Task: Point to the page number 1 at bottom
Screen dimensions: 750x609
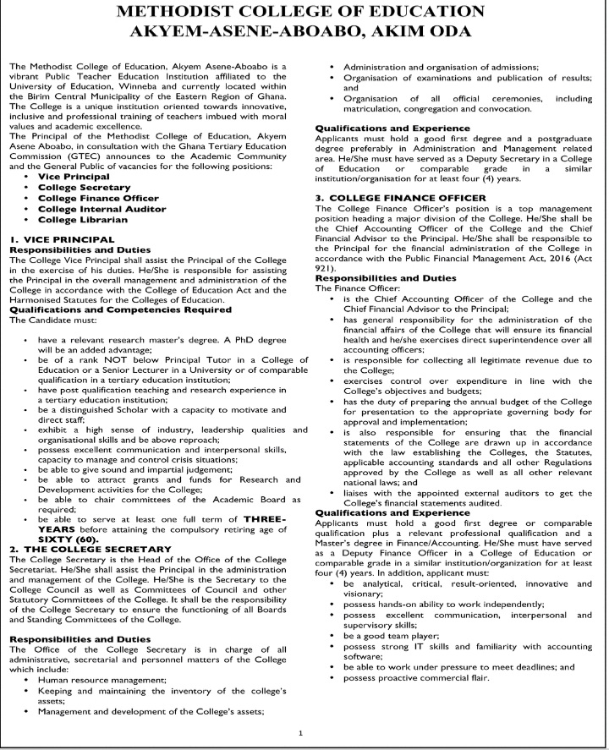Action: point(301,733)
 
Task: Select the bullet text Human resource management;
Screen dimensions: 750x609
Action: point(101,679)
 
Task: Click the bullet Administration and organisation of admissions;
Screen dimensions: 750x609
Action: point(440,67)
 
